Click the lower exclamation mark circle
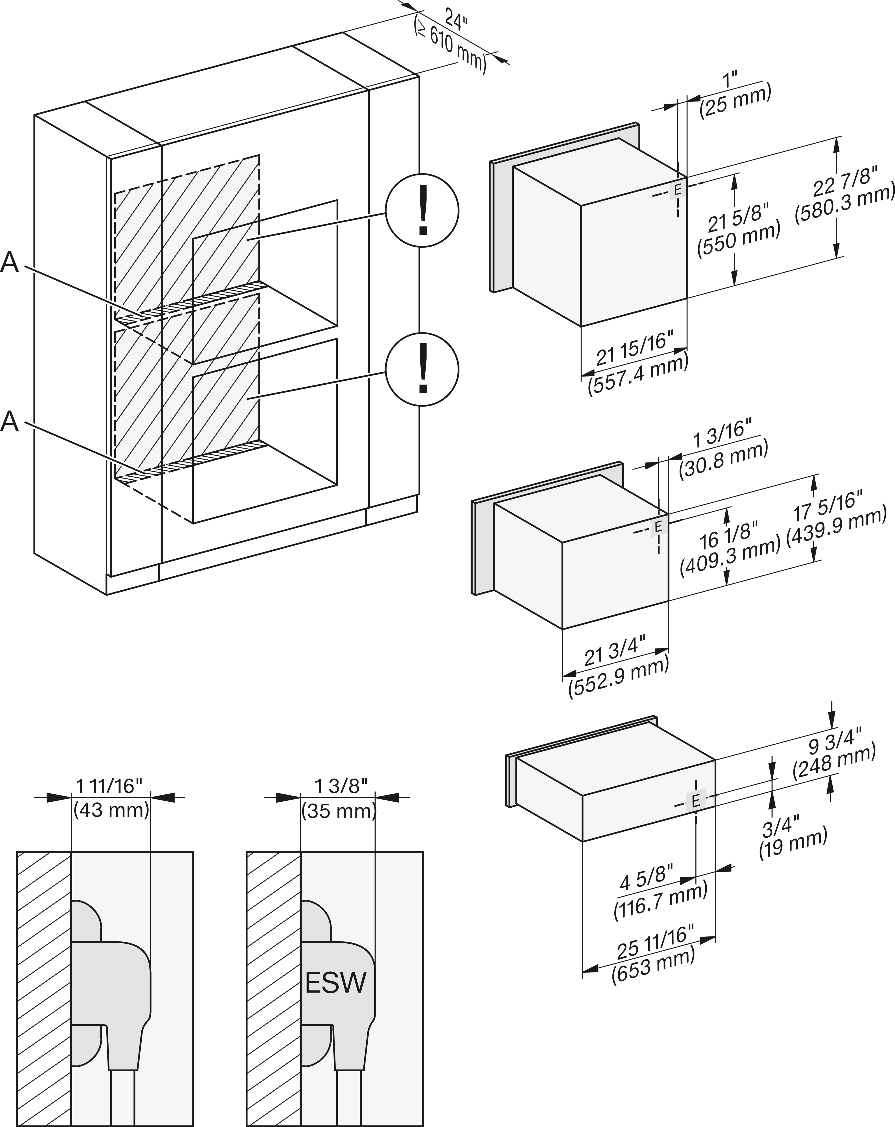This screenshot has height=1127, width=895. point(422,369)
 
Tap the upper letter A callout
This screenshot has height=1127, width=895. point(9,262)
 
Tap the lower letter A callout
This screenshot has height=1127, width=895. point(9,421)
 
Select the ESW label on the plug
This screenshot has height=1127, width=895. point(336,983)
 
